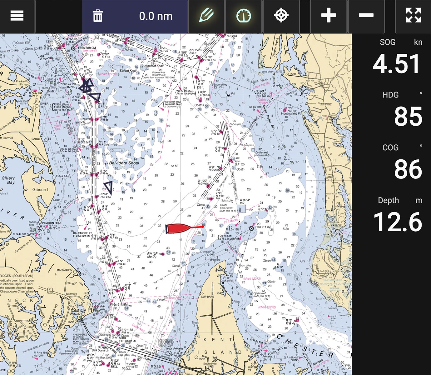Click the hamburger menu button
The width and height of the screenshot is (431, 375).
coord(17,16)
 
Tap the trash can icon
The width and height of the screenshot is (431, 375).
coord(98,16)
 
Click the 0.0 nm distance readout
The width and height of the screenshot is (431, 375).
coord(156,16)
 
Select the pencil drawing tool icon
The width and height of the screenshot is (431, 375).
coord(206,16)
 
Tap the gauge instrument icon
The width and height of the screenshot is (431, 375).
coord(244,16)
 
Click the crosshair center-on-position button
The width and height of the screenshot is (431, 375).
coord(281,16)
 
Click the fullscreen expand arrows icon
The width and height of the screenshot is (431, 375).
coord(413,16)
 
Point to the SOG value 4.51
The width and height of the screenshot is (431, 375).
coord(396,64)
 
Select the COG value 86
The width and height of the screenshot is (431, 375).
coord(408,169)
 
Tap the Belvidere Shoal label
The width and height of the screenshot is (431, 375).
coord(124,163)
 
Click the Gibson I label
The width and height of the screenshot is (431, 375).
coord(40,189)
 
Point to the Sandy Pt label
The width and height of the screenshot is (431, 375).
coord(82,310)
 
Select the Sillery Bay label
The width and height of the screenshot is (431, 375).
coord(8,180)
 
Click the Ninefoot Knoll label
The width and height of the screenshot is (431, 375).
coord(154,66)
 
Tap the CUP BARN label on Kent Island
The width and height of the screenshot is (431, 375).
coord(207,297)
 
